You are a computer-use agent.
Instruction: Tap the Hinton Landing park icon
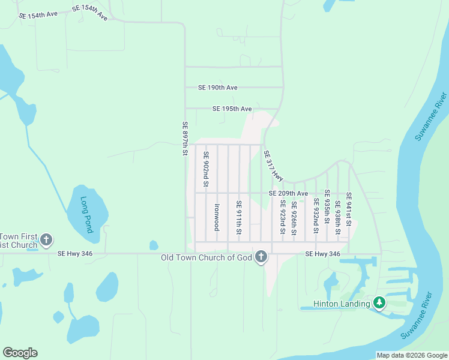(379, 303)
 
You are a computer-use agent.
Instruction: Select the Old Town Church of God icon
(261, 257)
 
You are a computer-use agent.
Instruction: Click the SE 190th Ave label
(218, 88)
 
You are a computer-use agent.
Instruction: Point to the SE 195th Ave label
(232, 109)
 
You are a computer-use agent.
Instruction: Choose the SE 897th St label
(185, 140)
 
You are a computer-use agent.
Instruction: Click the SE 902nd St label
(206, 169)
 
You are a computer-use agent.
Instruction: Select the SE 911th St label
(239, 217)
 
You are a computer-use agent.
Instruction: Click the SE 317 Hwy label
(273, 166)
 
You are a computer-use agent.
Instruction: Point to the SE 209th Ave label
(288, 193)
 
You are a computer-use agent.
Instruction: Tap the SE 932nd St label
(316, 218)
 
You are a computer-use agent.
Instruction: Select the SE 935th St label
(327, 206)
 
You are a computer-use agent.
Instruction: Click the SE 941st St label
(349, 206)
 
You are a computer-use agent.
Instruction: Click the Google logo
(20, 353)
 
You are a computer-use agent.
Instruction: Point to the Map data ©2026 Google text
(411, 355)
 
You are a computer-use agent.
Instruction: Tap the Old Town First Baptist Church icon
(47, 241)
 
